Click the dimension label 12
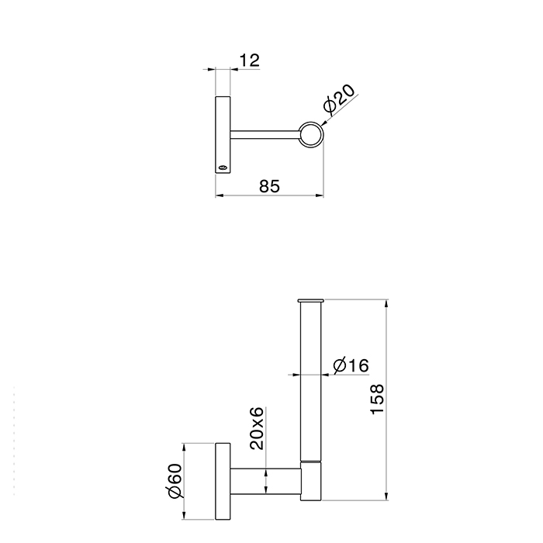(249, 61)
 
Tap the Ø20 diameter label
(339, 99)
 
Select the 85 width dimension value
(269, 186)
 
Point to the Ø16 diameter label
(351, 365)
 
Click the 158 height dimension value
(377, 399)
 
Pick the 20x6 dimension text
(257, 428)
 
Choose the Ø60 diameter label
(175, 481)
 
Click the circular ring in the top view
(310, 122)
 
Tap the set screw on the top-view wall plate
(223, 168)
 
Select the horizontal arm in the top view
(265, 135)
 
